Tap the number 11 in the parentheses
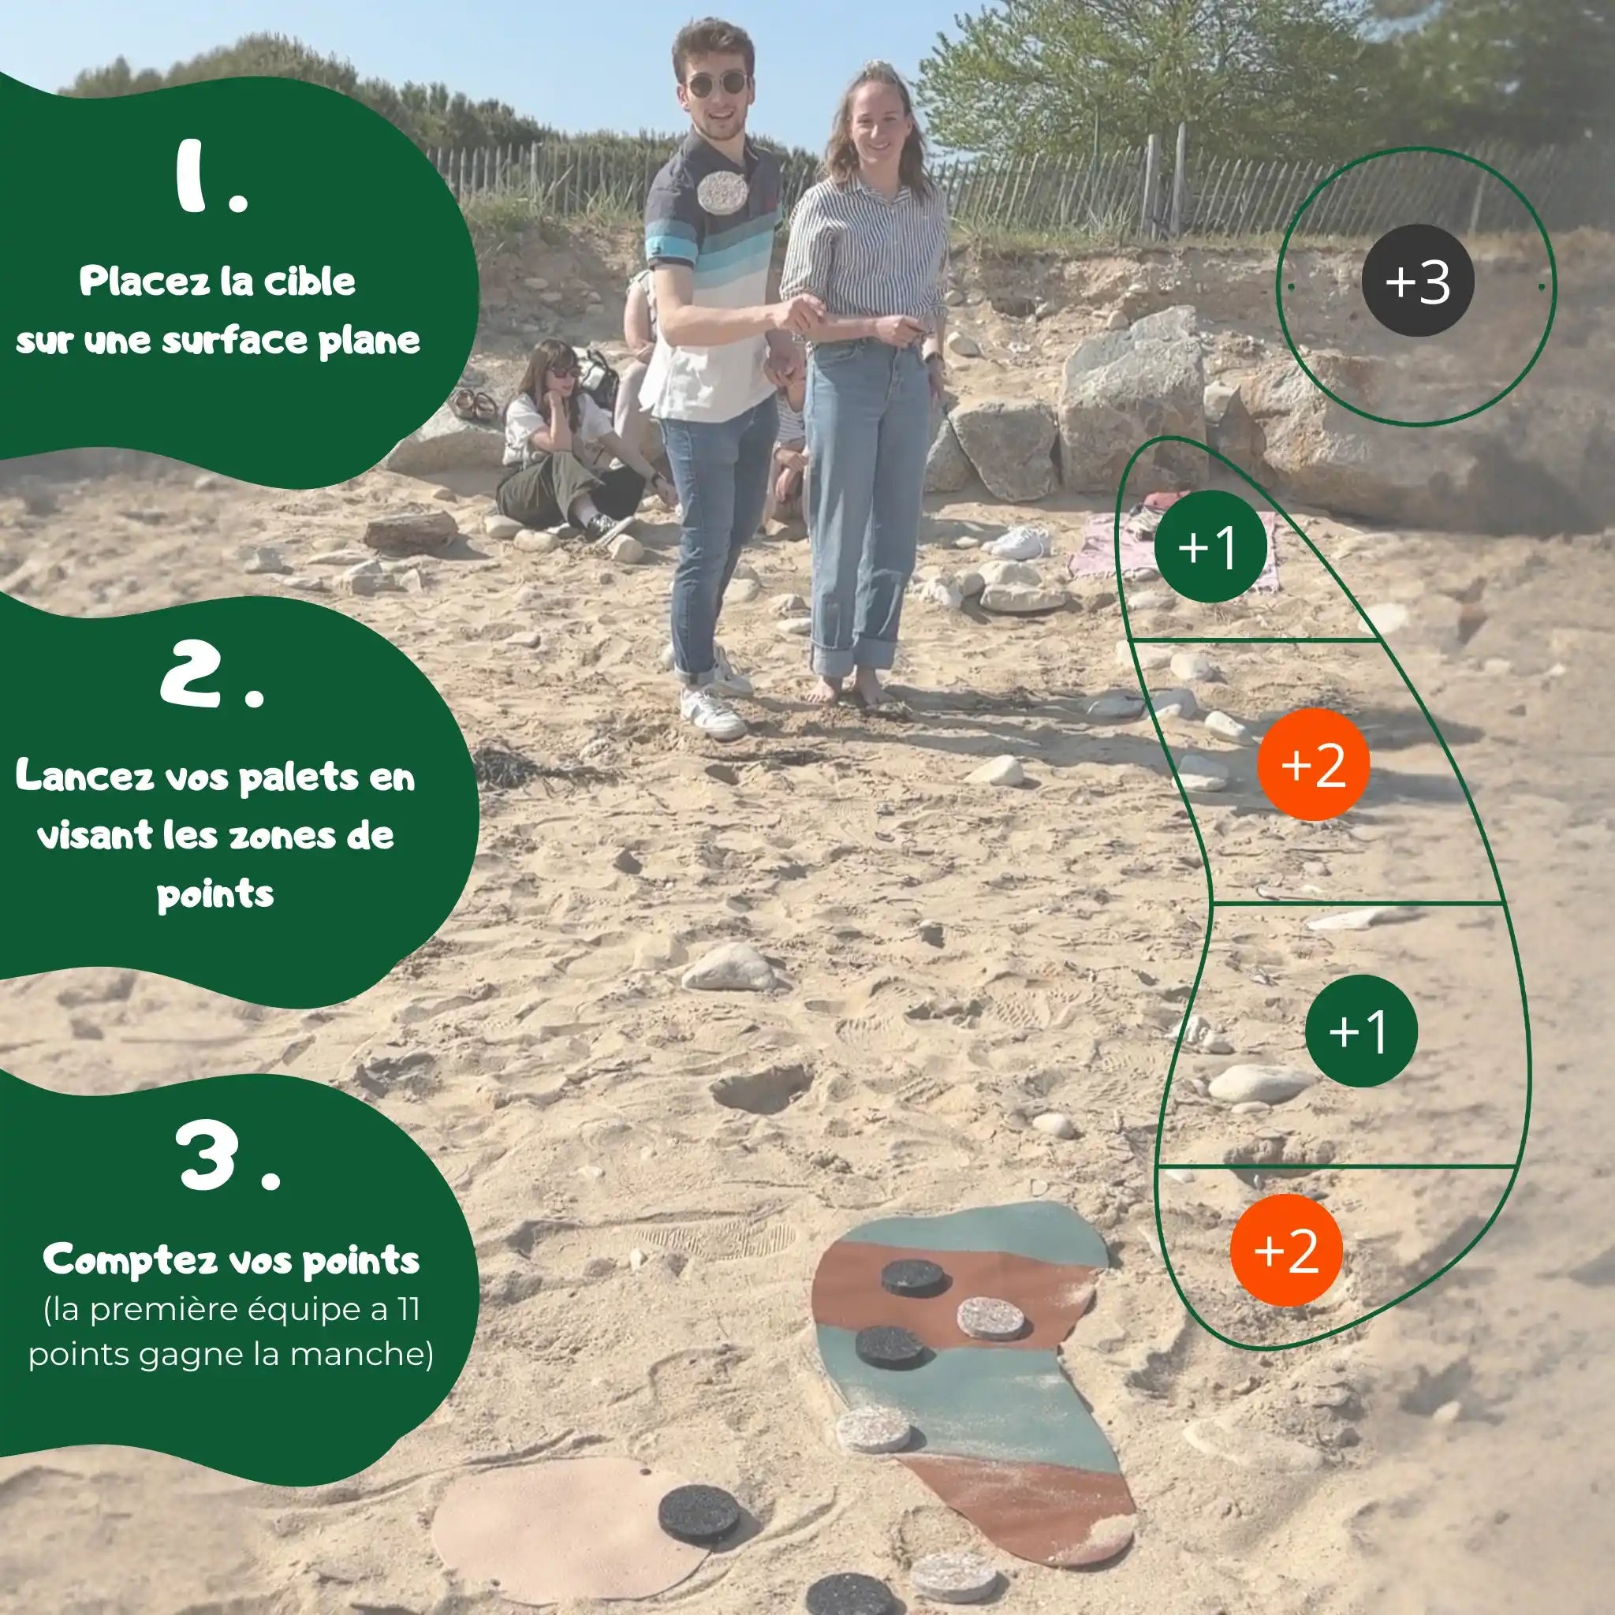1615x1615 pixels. pyautogui.click(x=408, y=1309)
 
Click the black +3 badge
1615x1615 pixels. pyautogui.click(x=1417, y=280)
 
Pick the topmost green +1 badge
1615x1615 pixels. pyautogui.click(x=1210, y=546)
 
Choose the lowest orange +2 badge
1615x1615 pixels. pyautogui.click(x=1285, y=1251)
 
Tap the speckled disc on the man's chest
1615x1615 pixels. pyautogui.click(x=722, y=192)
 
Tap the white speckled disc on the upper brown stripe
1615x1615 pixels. pyautogui.click(x=990, y=1318)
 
